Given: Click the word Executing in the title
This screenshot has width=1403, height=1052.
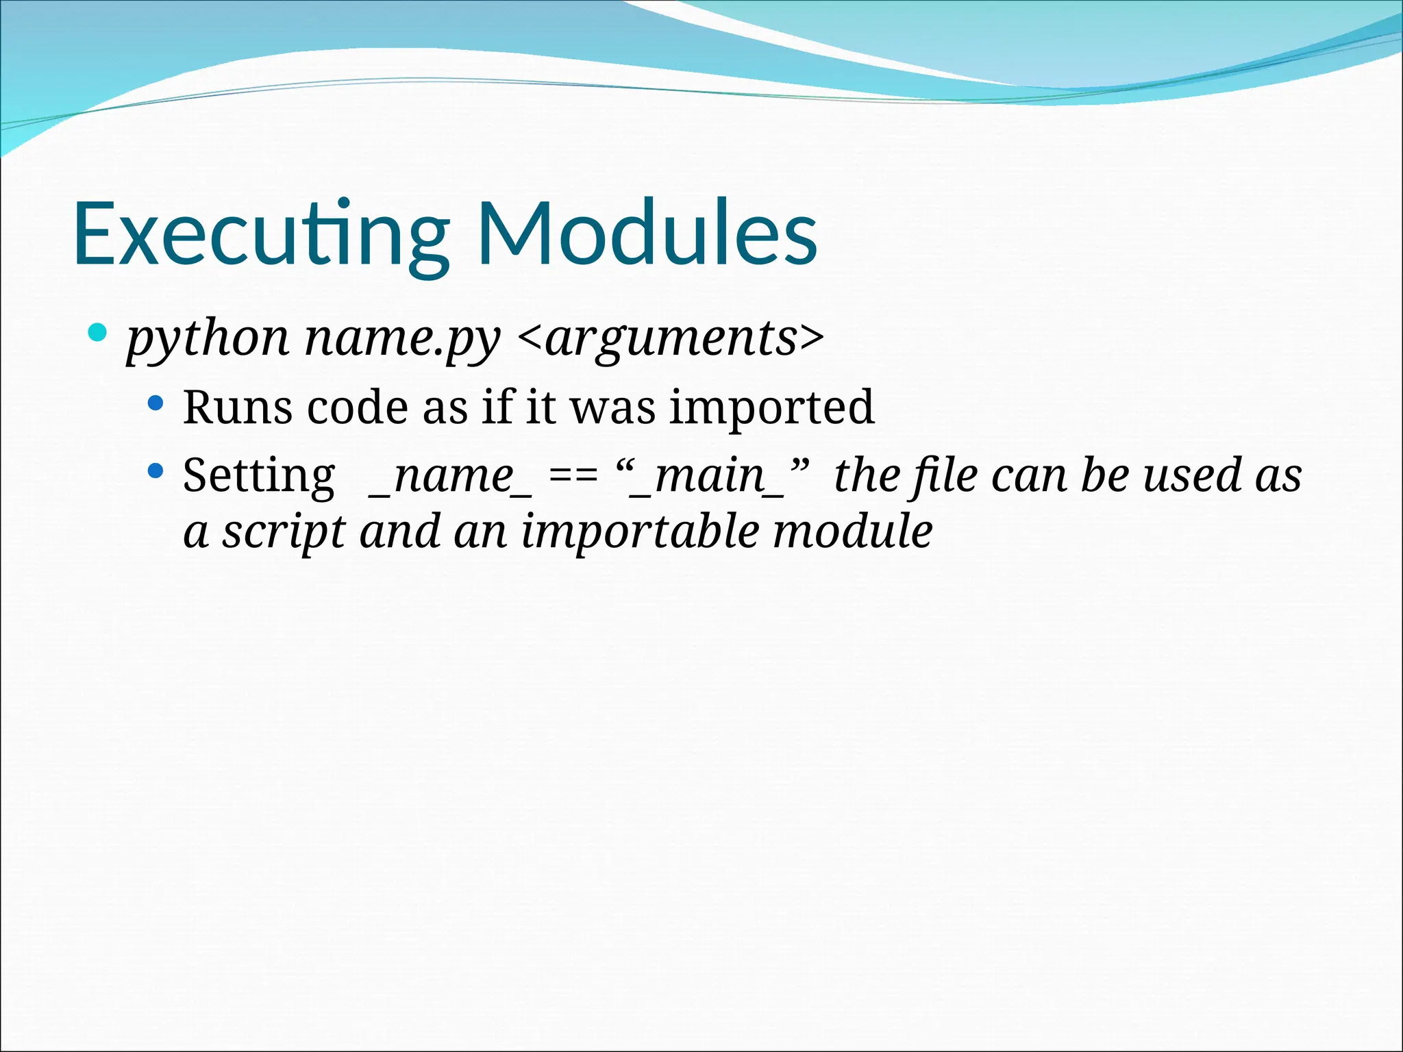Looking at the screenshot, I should coord(261,234).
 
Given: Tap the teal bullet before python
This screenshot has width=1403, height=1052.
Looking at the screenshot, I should coord(98,334).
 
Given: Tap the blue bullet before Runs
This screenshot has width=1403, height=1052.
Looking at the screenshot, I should coord(156,403).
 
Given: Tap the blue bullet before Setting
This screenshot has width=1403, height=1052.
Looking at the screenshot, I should coord(156,471).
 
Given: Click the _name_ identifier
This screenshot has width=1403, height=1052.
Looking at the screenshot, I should coord(449,477).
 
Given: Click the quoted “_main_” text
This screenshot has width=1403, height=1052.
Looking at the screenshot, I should coord(712,475).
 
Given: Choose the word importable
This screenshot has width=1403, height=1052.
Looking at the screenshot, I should coord(640,532).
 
